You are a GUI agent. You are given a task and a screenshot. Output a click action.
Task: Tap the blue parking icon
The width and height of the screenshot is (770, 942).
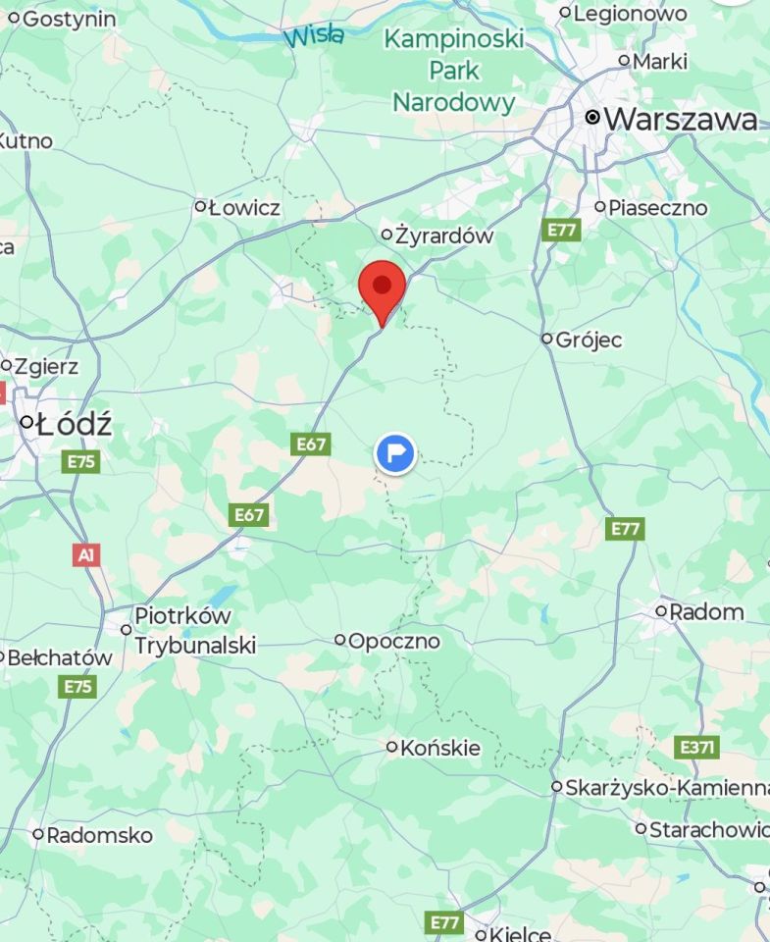pos(395,453)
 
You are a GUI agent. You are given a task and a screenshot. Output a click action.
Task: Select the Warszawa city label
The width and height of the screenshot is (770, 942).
pos(681,120)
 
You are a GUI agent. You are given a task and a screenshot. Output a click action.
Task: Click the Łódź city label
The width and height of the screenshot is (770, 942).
pos(73,425)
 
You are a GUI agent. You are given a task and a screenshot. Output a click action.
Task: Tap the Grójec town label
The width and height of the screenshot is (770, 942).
pos(589,340)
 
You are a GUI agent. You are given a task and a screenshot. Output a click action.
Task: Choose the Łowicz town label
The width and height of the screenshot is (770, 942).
pos(243,208)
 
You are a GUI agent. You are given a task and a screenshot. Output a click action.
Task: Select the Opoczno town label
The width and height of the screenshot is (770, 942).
pos(394,641)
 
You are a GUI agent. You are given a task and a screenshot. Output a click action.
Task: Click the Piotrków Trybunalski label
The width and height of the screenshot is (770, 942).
pos(194,630)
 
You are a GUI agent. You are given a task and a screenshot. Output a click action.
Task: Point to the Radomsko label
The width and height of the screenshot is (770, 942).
pos(99,836)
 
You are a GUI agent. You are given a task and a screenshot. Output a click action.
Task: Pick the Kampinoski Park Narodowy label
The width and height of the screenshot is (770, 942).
pos(453,70)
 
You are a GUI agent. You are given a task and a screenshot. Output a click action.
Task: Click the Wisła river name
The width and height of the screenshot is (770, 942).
pos(314,36)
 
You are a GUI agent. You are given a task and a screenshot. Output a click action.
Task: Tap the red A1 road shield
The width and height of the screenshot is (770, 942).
pos(85,555)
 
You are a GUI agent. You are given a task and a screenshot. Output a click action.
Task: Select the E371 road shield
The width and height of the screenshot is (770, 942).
pos(696,748)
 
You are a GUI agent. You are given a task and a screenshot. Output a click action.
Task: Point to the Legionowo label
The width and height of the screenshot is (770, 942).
pos(630,14)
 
